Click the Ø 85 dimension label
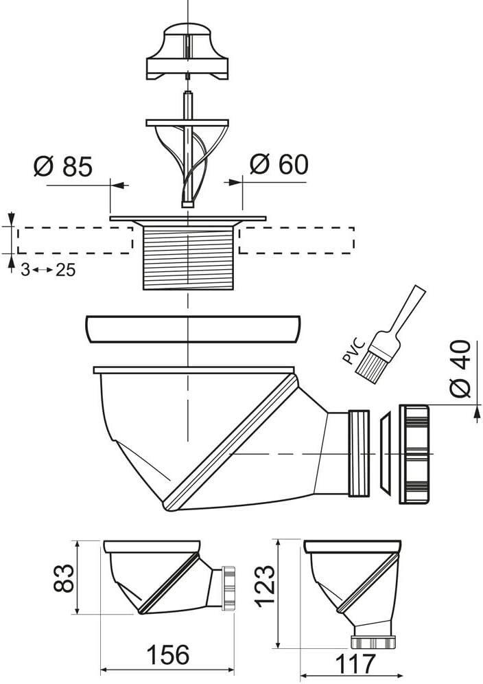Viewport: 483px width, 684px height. [x=62, y=167]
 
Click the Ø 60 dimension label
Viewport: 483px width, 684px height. [x=279, y=165]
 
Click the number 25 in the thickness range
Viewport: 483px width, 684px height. [x=65, y=270]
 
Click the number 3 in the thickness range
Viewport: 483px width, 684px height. [x=25, y=270]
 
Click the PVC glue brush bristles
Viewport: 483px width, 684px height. [x=370, y=360]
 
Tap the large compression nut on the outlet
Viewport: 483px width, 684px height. [x=416, y=453]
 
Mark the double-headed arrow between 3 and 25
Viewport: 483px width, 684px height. [x=43, y=270]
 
